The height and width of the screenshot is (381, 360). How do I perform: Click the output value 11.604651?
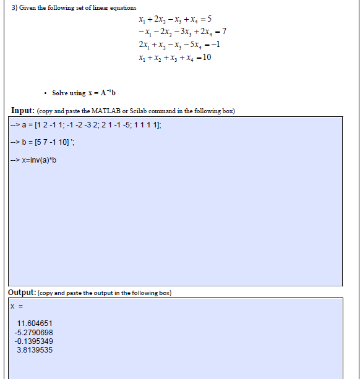pyautogui.click(x=35, y=323)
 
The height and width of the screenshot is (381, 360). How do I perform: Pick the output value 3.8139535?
pyautogui.click(x=35, y=349)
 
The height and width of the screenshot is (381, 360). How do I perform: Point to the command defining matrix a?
pyautogui.click(x=87, y=126)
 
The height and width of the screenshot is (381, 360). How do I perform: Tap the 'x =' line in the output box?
pyautogui.click(x=15, y=306)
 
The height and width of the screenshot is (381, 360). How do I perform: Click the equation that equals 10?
pyautogui.click(x=176, y=58)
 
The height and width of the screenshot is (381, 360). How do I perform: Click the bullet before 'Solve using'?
pyautogui.click(x=46, y=93)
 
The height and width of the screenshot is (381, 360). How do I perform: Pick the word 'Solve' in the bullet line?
pyautogui.click(x=61, y=93)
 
